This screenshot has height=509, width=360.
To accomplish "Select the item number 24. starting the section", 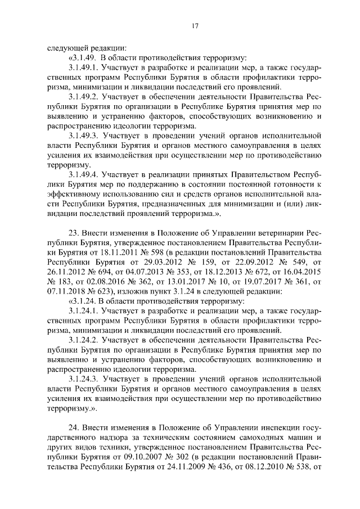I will [x=74, y=428].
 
